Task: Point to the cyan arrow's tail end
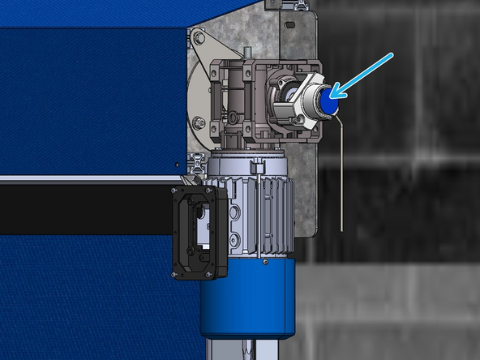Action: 392,55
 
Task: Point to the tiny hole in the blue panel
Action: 178,162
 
